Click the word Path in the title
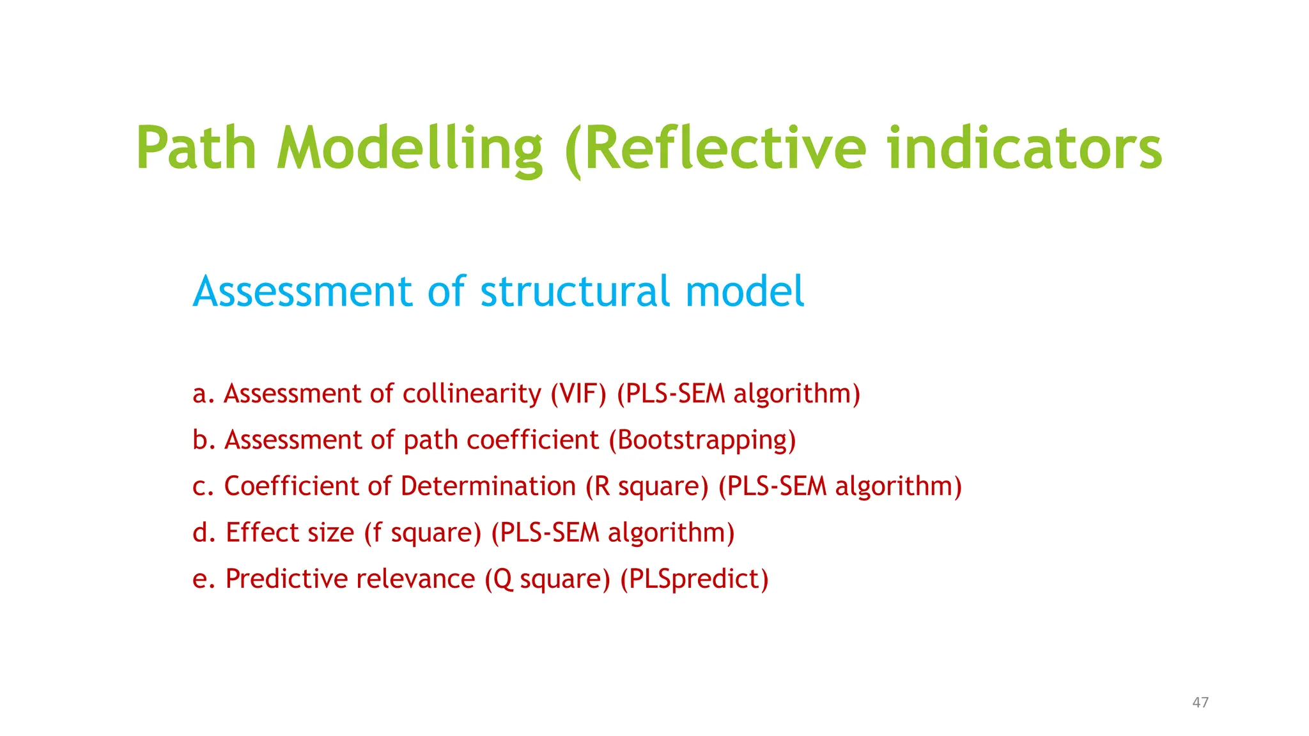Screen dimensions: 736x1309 pos(196,148)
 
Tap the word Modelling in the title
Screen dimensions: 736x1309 pos(409,148)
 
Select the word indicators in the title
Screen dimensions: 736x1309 pos(1025,148)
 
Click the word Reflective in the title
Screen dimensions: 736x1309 pos(724,148)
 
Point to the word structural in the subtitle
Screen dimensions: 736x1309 pos(575,291)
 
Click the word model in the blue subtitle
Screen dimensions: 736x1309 pos(745,291)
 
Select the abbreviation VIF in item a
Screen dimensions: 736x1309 pos(578,394)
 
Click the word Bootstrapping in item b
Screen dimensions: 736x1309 pos(702,440)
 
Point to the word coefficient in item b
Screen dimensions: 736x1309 pos(533,440)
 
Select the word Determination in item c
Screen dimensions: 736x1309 pos(488,486)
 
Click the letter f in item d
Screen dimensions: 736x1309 pos(377,533)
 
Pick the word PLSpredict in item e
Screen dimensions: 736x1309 pos(695,579)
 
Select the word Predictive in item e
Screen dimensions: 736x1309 pos(286,579)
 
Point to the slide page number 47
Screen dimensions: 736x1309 pos(1200,703)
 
